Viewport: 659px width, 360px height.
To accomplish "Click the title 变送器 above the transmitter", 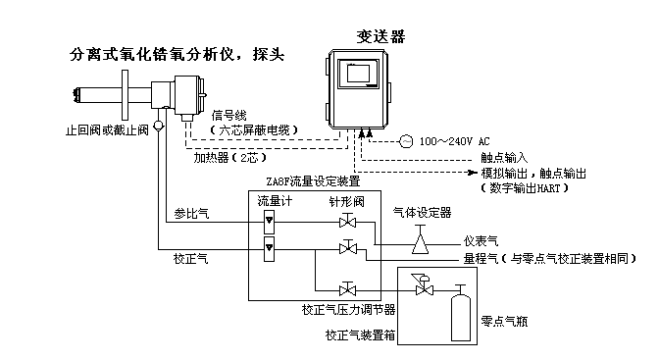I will tap(380, 36).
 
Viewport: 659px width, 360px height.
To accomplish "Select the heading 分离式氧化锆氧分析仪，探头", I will tap(177, 54).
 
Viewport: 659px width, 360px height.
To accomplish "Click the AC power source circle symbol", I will tap(405, 140).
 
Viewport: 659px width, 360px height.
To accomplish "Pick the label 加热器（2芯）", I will tap(229, 157).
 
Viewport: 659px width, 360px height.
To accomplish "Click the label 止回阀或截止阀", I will tap(107, 129).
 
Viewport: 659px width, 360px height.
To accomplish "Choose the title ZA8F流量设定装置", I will tap(313, 180).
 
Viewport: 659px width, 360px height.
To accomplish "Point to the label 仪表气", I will tap(482, 240).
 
